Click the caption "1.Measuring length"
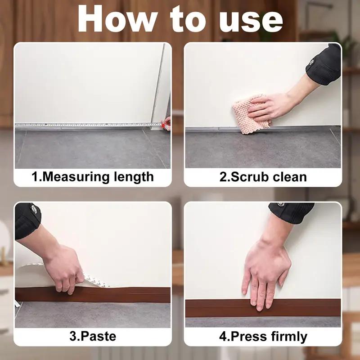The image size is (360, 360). coord(93,177)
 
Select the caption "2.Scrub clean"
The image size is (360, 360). coord(263,177)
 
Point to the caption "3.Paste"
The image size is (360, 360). coord(93,336)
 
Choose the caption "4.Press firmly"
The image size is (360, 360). coord(263,336)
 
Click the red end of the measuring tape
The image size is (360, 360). coord(167,121)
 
